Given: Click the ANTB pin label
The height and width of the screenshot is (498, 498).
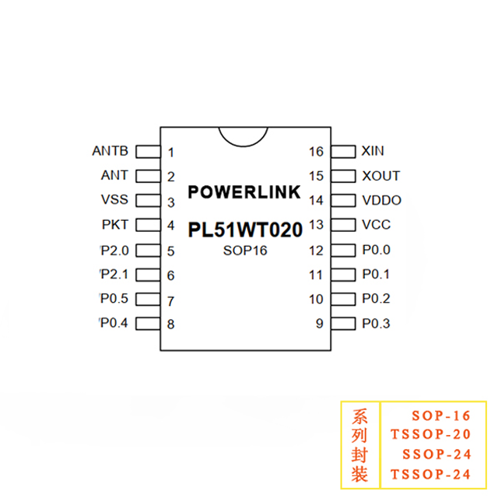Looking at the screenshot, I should [x=110, y=151].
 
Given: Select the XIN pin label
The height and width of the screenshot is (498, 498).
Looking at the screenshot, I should [x=373, y=151].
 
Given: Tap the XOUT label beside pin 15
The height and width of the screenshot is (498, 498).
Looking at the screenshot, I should [x=381, y=176].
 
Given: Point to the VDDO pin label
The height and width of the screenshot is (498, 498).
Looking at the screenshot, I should [x=381, y=201].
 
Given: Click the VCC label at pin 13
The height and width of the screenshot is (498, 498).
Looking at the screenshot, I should [x=377, y=225].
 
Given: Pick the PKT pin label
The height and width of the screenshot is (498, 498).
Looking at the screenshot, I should [x=115, y=225].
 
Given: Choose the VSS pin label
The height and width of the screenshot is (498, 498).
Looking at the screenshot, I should [x=115, y=200].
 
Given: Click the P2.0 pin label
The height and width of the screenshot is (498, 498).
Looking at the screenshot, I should [x=114, y=250].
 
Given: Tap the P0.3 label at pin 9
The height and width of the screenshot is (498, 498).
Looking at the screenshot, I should [x=377, y=324].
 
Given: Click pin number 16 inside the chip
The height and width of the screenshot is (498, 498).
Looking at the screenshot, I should [x=316, y=152].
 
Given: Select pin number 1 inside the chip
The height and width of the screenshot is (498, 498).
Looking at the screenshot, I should [x=170, y=153].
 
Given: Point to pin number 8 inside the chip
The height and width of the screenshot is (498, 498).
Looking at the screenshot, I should [x=170, y=324].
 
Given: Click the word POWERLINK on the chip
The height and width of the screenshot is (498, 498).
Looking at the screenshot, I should [x=244, y=191].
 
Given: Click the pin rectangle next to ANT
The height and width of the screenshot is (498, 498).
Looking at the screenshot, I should [x=148, y=176].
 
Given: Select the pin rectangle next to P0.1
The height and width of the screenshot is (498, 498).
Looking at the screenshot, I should [x=342, y=275].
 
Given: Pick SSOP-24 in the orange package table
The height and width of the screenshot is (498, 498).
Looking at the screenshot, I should [x=437, y=454].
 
